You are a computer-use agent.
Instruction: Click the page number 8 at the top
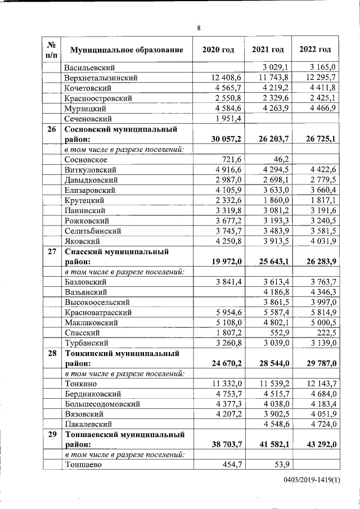(199, 28)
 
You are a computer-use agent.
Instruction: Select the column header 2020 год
(218, 50)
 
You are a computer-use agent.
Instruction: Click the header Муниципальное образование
(127, 50)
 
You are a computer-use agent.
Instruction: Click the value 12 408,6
(225, 78)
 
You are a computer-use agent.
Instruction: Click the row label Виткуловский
(90, 169)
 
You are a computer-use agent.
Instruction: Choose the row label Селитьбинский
(93, 231)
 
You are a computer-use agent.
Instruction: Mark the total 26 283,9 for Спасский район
(319, 262)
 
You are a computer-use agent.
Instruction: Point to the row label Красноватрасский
(98, 312)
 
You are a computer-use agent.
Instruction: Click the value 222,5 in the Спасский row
(325, 332)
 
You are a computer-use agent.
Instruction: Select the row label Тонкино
(80, 384)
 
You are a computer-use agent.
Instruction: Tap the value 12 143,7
(319, 384)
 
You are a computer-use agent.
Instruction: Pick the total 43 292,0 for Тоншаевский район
(319, 444)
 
